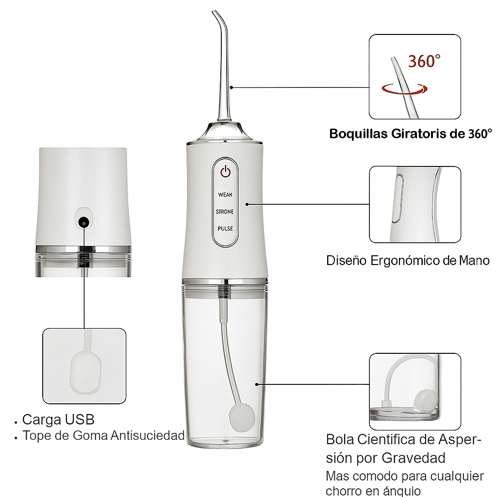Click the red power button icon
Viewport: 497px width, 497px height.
225,171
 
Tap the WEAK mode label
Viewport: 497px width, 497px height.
225,195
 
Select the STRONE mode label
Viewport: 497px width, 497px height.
225,212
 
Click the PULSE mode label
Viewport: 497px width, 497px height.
225,228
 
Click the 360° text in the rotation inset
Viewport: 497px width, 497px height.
424,61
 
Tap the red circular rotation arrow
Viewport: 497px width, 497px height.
404,89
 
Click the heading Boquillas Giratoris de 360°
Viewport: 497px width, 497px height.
411,134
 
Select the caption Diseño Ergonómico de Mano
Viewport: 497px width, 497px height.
408,261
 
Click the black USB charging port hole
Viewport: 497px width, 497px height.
84,223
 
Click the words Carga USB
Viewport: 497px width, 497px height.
58,419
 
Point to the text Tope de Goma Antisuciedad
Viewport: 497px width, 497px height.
103,435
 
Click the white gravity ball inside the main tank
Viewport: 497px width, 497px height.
242,418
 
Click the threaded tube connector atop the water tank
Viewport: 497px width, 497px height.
224,291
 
